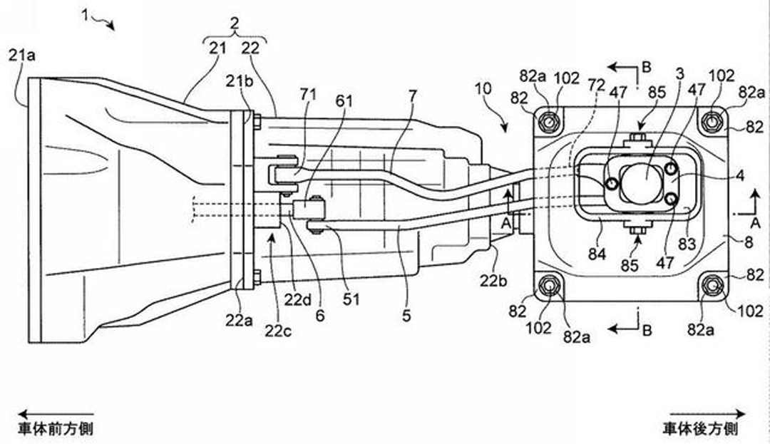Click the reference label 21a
(21, 56)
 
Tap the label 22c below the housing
(278, 331)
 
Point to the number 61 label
(344, 101)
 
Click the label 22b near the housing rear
(493, 280)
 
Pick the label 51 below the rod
(351, 299)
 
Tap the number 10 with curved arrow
(483, 89)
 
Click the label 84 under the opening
(597, 254)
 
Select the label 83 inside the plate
(687, 243)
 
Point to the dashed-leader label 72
(597, 85)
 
